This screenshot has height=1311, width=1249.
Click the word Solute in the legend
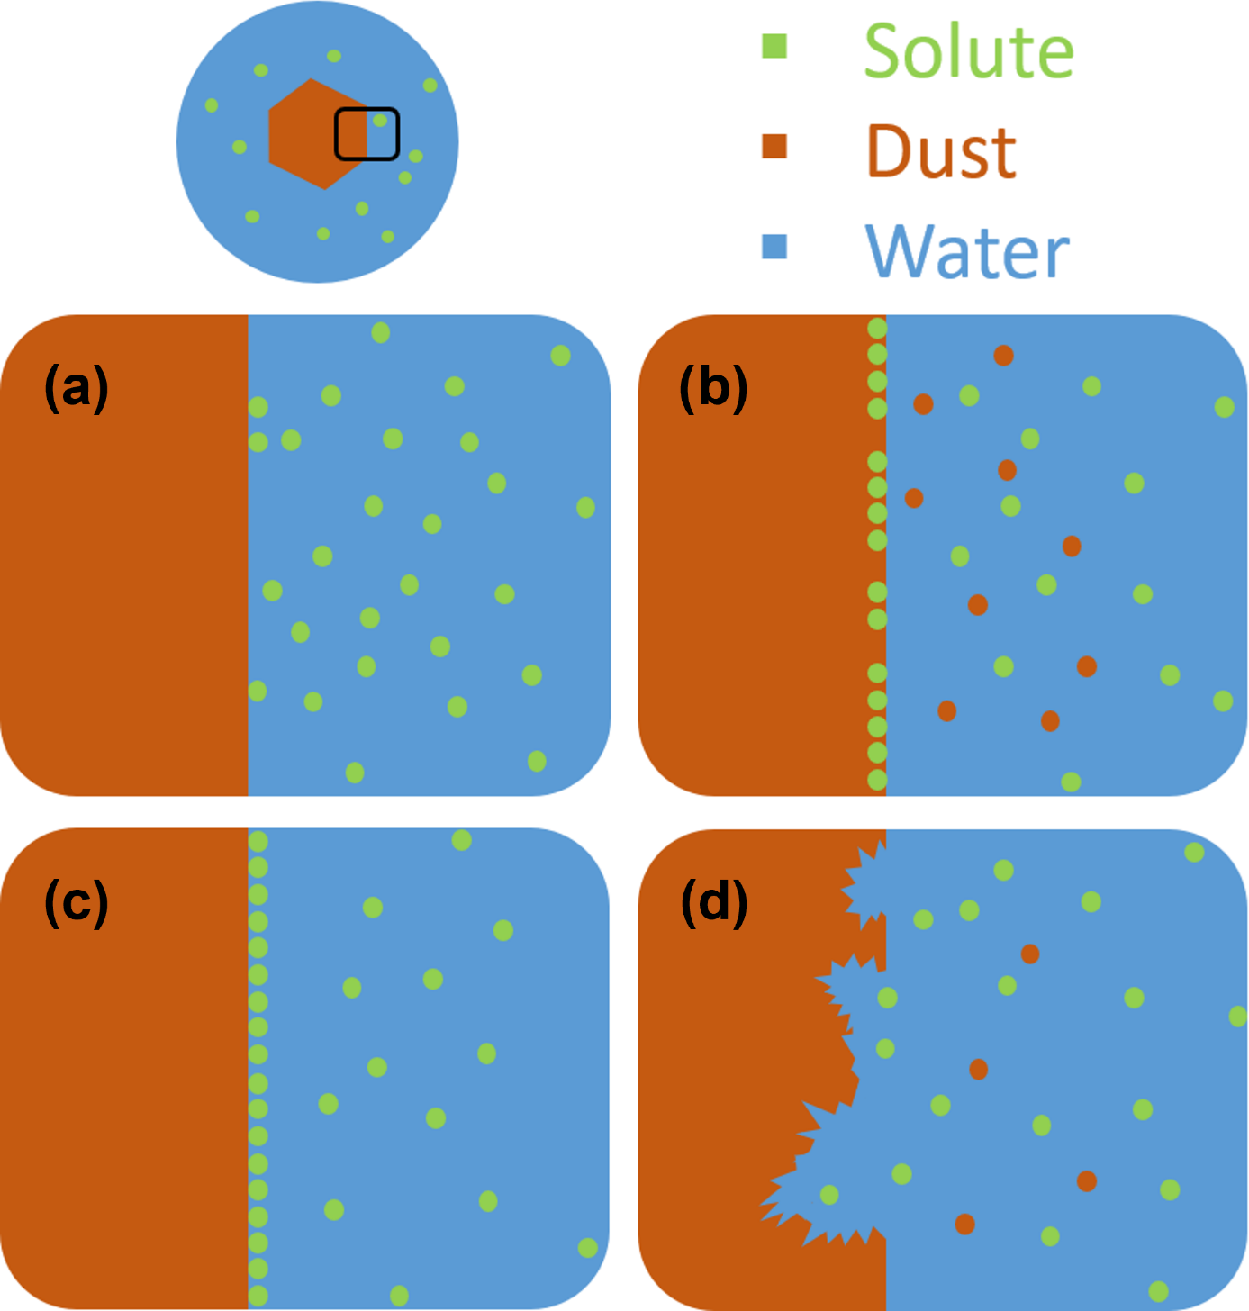[969, 51]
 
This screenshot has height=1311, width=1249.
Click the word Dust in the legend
[941, 151]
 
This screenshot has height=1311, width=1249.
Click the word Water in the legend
[967, 251]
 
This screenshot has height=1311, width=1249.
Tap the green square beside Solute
[774, 46]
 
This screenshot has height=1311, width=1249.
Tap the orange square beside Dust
[774, 146]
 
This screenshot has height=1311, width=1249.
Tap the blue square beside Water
[774, 246]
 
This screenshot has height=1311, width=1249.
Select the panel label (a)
[77, 388]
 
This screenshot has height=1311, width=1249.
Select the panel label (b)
[713, 388]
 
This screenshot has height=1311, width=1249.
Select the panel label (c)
[77, 901]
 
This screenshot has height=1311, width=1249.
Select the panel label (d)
[714, 901]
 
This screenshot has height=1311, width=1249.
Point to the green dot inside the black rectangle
[380, 120]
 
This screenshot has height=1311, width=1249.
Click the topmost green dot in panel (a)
[381, 333]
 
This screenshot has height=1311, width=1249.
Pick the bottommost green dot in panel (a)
[355, 773]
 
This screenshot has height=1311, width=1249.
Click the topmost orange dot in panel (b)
[1004, 356]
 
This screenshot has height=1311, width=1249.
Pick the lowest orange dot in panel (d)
[965, 1225]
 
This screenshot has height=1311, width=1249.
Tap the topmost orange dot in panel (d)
[1030, 954]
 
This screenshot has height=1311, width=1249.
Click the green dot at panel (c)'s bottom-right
[588, 1248]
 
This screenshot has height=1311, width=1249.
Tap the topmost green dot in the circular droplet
[334, 56]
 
